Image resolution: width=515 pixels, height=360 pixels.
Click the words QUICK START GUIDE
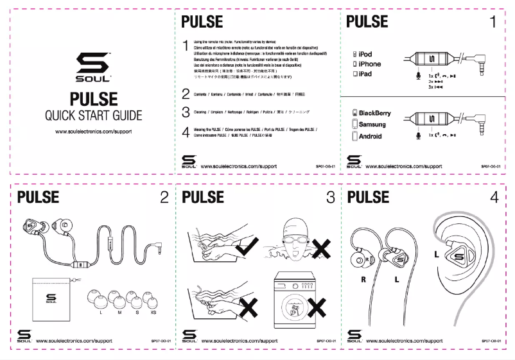(x=93, y=116)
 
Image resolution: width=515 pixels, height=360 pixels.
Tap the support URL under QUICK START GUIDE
(x=93, y=132)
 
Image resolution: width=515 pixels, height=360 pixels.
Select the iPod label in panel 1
(x=365, y=55)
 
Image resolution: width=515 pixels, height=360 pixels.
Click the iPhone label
(x=369, y=64)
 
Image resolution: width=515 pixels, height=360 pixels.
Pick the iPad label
(x=365, y=74)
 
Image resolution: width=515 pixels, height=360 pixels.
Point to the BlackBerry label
(x=374, y=113)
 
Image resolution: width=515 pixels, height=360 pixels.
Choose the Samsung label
(x=372, y=124)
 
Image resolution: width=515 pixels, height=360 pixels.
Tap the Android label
(x=370, y=136)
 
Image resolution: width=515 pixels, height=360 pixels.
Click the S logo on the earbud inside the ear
(x=458, y=257)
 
